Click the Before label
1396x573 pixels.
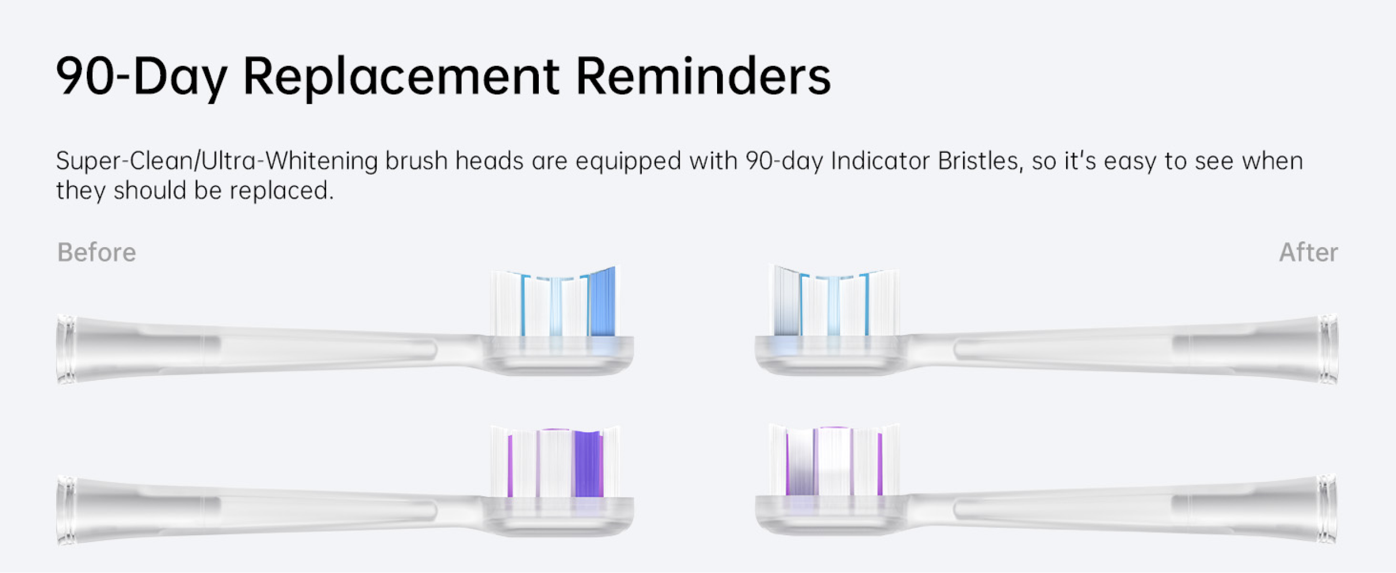(x=97, y=252)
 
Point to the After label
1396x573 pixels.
(x=1309, y=252)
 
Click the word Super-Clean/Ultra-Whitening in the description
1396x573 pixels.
(x=216, y=161)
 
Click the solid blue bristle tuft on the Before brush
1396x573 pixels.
(x=602, y=302)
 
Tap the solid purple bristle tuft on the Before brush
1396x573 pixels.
(x=588, y=464)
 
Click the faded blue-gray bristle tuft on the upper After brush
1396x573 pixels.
(x=786, y=301)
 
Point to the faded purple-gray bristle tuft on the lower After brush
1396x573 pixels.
(x=801, y=463)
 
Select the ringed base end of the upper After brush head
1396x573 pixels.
(x=1328, y=349)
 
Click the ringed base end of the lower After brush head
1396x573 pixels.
(x=1327, y=509)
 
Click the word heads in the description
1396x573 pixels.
(x=490, y=161)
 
